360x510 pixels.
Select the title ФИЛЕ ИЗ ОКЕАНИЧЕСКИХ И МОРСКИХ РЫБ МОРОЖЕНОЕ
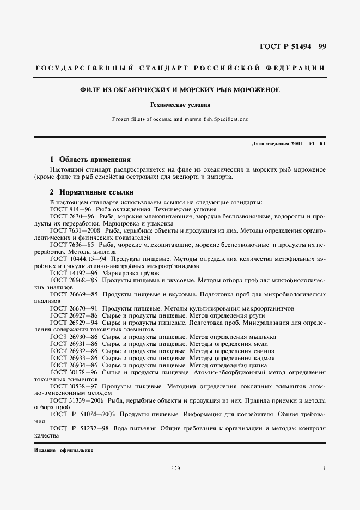180,90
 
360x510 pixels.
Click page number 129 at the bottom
175,469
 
